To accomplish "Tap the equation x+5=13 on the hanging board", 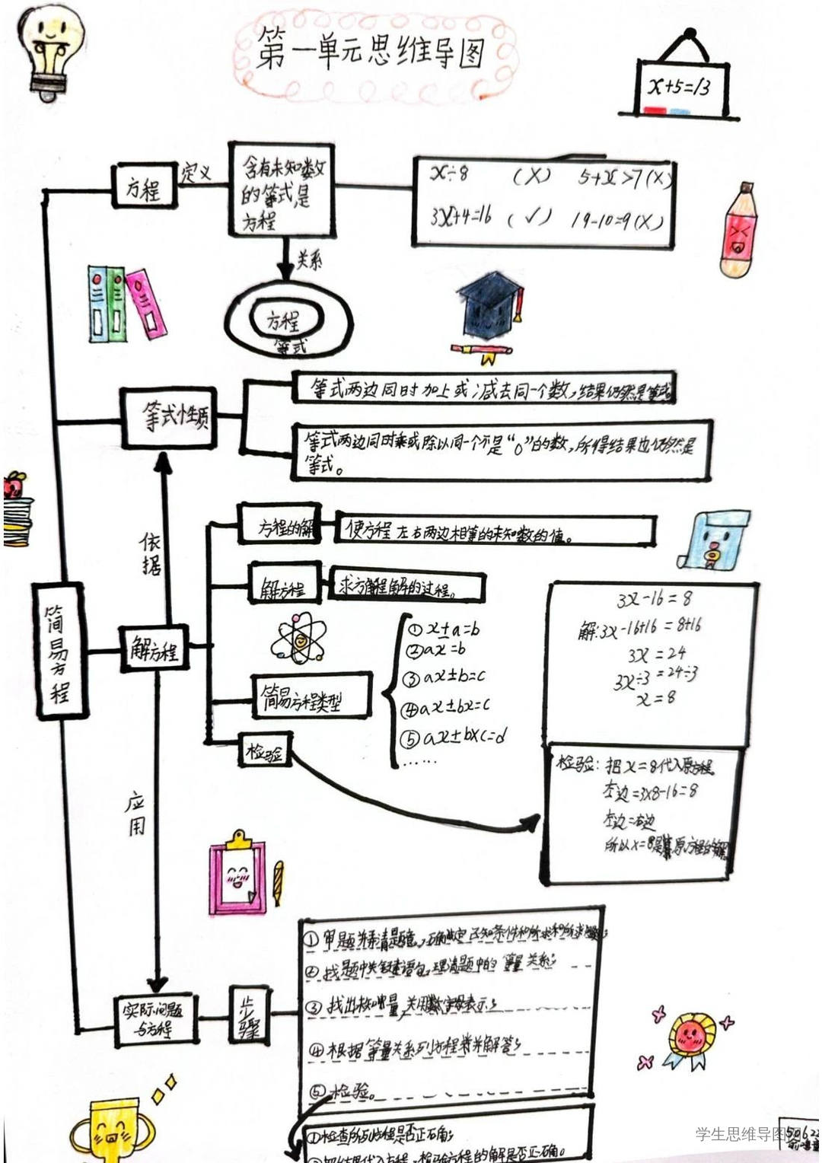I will pyautogui.click(x=679, y=86).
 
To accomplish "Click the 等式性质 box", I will pyautogui.click(x=169, y=417).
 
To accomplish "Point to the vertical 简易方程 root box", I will pyautogui.click(x=59, y=651).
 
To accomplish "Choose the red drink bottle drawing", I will pyautogui.click(x=738, y=230).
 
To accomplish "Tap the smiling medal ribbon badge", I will pyautogui.click(x=690, y=1037).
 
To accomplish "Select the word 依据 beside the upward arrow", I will pyautogui.click(x=151, y=553).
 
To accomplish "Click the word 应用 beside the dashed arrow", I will pyautogui.click(x=135, y=814).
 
